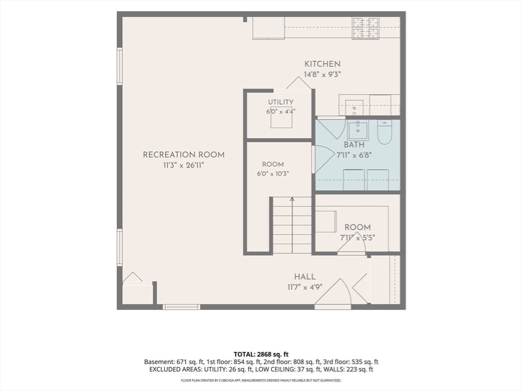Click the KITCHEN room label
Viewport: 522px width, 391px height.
click(322, 64)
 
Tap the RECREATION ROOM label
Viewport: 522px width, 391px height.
click(184, 155)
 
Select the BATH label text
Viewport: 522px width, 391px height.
click(354, 145)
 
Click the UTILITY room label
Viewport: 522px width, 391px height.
click(281, 102)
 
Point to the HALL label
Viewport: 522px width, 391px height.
click(305, 276)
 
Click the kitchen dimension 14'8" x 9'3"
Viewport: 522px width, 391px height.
click(322, 74)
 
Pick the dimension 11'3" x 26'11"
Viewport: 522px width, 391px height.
click(184, 165)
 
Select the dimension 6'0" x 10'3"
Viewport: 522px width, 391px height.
click(273, 174)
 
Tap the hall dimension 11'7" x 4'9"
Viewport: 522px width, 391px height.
click(305, 287)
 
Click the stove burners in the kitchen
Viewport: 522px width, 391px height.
click(366, 28)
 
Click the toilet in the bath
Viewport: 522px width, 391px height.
click(384, 132)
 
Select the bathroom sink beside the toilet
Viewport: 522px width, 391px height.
click(358, 130)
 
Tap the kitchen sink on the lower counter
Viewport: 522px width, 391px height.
click(354, 107)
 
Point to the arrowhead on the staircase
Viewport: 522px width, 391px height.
click(292, 199)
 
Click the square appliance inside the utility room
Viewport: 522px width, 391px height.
click(281, 118)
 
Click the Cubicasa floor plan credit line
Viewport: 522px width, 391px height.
click(260, 380)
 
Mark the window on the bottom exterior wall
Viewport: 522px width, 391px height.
click(181, 307)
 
